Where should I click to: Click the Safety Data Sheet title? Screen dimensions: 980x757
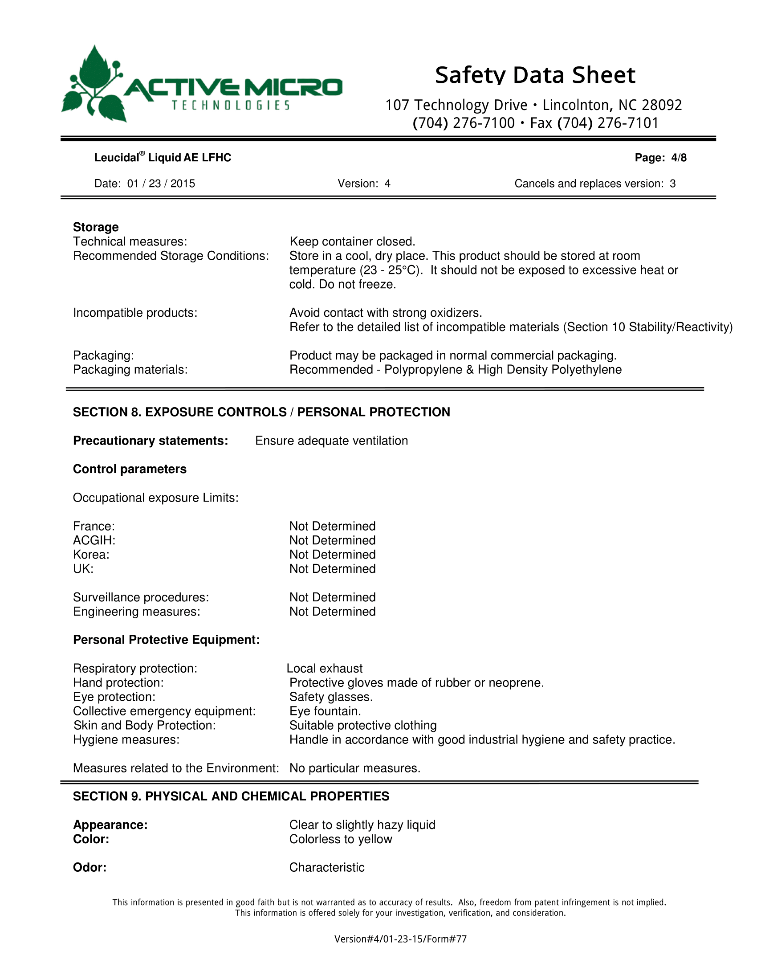[534, 75]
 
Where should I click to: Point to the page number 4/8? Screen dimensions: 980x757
[679, 158]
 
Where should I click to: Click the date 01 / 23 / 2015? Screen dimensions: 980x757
[161, 184]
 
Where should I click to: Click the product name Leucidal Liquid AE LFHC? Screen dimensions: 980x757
[163, 158]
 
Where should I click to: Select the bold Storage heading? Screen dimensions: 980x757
[96, 227]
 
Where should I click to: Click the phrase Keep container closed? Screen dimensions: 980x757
[353, 241]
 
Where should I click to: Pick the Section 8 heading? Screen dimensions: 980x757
[261, 412]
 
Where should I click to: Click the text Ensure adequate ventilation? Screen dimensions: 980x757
[331, 441]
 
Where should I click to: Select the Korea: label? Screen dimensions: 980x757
[91, 555]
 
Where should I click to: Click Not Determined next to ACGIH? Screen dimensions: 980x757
[332, 540]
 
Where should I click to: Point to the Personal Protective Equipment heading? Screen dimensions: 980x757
[167, 639]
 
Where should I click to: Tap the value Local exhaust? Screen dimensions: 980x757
[325, 668]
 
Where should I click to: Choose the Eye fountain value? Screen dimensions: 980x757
[325, 711]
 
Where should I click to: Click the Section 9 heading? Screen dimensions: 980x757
[231, 796]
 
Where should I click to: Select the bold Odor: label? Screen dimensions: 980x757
[90, 867]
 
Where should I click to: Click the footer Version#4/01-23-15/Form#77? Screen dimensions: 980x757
[400, 939]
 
